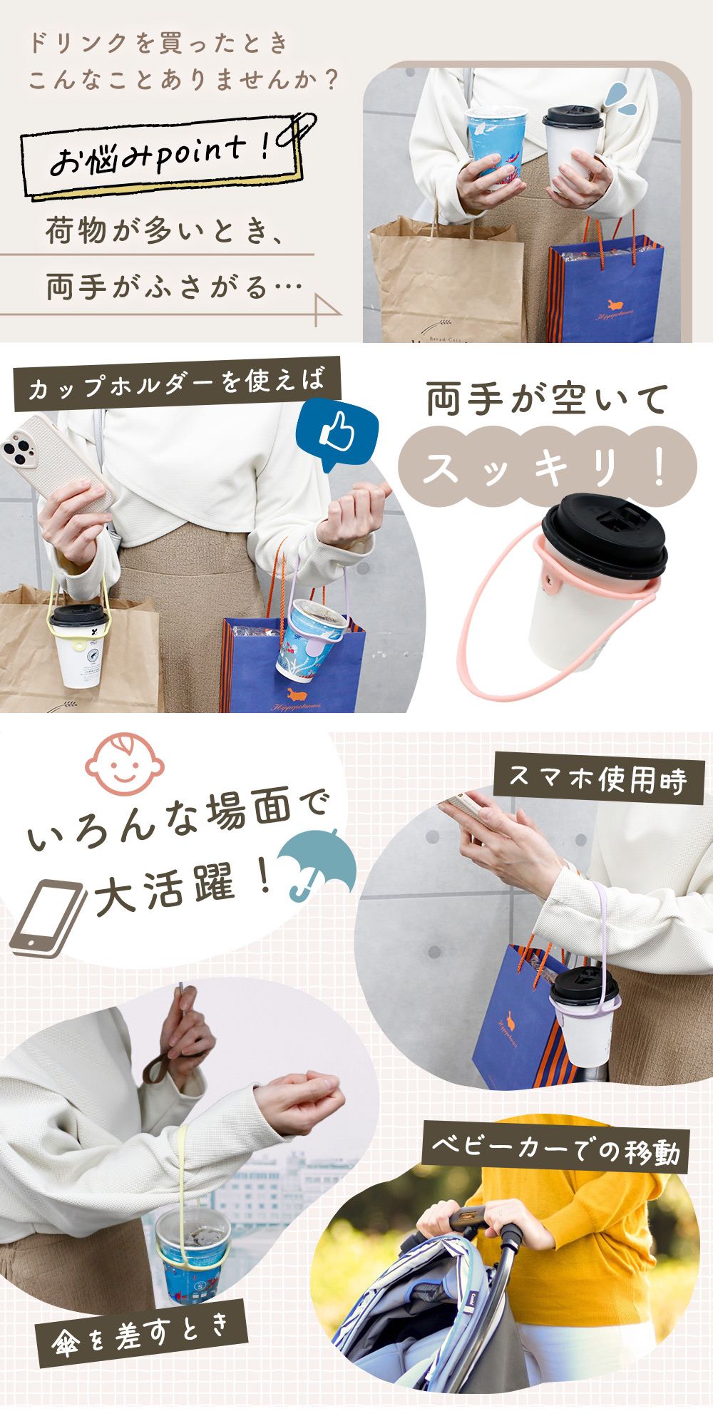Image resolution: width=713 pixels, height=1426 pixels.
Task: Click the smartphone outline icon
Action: point(48,918)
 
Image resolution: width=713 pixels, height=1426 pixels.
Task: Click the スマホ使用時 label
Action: point(598,780)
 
